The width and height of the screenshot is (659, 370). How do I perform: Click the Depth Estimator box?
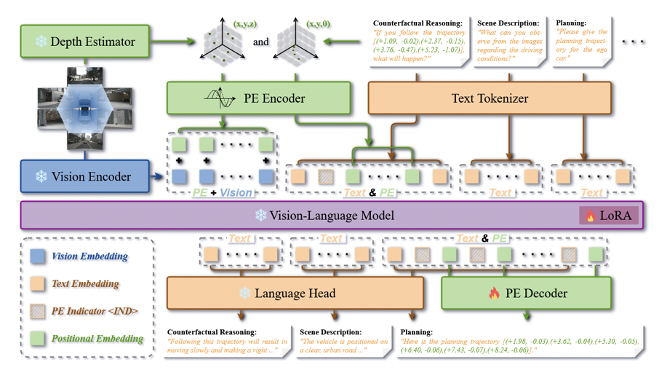click(85, 42)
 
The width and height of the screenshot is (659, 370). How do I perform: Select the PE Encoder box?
click(258, 98)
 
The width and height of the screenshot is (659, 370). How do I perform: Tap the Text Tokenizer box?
click(490, 98)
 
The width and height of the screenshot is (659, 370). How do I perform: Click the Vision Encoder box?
click(85, 177)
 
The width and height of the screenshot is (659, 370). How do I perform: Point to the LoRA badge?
click(609, 216)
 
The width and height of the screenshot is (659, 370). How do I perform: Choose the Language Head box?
click(295, 294)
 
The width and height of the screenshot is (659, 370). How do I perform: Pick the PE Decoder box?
click(526, 294)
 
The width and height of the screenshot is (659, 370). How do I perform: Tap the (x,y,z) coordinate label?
click(244, 25)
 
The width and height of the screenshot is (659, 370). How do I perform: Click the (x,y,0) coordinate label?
click(318, 25)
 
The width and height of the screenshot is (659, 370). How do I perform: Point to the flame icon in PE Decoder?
click(495, 294)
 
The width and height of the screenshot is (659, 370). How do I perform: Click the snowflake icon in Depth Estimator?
click(39, 42)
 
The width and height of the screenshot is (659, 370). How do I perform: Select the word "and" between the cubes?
click(260, 42)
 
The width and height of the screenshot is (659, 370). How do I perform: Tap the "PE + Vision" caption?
click(223, 193)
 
